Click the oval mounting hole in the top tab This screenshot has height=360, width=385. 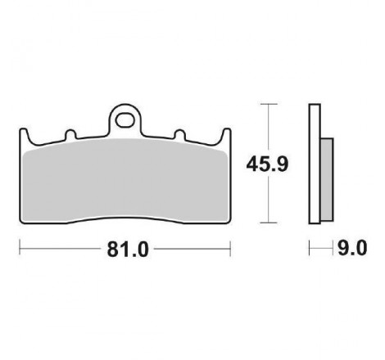click(126, 118)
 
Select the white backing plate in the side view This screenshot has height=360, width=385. click(315, 164)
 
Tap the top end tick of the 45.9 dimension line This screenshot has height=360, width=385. click(265, 104)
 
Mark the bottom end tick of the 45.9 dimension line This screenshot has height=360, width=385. click(265, 223)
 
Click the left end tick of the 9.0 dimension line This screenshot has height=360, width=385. click(310, 248)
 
